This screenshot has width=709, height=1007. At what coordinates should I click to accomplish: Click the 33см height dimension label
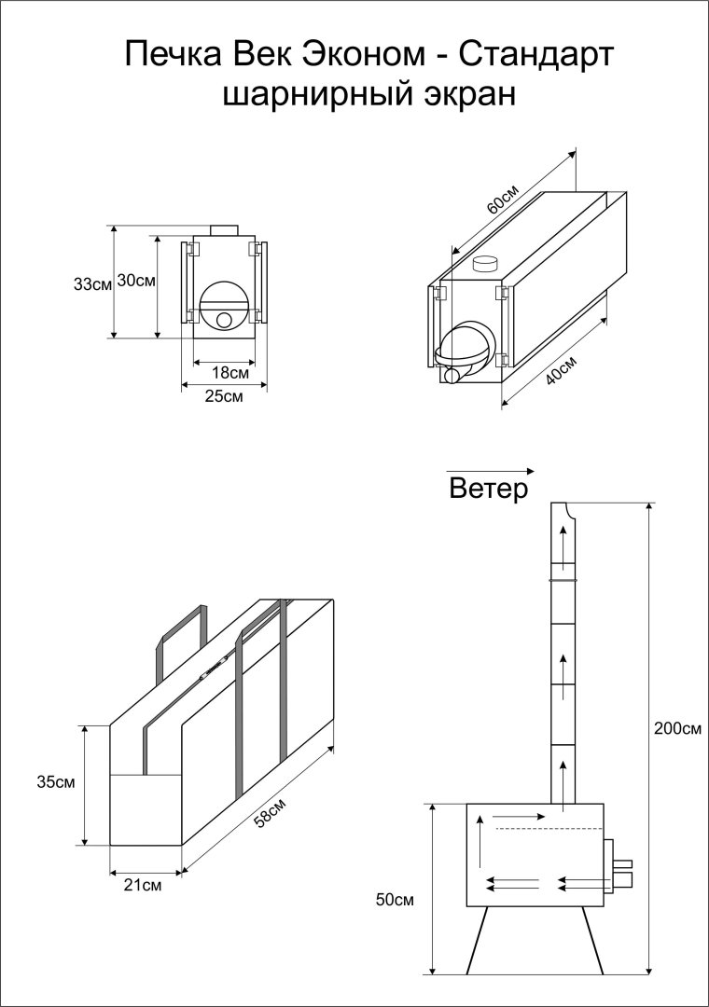click(x=92, y=284)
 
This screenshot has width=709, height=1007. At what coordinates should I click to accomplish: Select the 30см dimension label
click(x=136, y=281)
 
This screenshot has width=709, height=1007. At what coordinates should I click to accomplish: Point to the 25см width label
click(x=224, y=396)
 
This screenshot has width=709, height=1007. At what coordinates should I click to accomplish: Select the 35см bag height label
click(x=57, y=780)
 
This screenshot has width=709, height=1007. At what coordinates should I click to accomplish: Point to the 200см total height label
click(x=677, y=728)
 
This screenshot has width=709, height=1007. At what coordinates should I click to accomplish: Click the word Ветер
click(x=488, y=489)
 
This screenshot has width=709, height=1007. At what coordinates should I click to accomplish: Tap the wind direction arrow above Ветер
click(x=491, y=470)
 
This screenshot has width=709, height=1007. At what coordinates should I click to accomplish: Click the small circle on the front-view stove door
click(x=225, y=320)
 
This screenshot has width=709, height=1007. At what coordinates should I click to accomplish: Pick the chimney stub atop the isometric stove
click(x=486, y=264)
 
